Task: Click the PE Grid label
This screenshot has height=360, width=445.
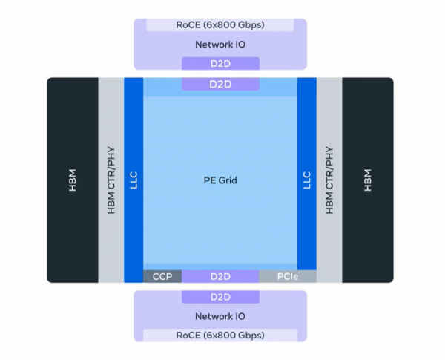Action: point(220,180)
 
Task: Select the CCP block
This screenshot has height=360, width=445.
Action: point(162,277)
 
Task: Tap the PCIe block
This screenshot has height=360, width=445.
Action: point(287,277)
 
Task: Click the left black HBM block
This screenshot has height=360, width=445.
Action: point(73,180)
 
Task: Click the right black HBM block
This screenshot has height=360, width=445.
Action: point(368,180)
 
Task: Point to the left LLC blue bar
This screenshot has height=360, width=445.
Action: point(133,180)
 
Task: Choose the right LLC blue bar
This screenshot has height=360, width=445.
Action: point(307,180)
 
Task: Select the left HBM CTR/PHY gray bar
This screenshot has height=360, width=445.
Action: point(111,180)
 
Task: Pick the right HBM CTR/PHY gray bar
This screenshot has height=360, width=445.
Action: point(329,180)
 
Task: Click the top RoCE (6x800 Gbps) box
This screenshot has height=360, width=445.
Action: point(220,24)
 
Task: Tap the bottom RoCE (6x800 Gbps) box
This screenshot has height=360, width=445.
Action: point(220,336)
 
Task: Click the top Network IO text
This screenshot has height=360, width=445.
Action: point(220,45)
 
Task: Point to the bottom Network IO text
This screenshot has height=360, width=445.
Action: point(220,316)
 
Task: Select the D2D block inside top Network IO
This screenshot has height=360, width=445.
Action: point(220,64)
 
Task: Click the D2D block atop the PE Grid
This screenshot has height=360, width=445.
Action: point(220,85)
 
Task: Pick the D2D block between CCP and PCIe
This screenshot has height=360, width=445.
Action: point(220,277)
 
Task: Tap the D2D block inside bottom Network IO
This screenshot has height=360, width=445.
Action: point(220,297)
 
